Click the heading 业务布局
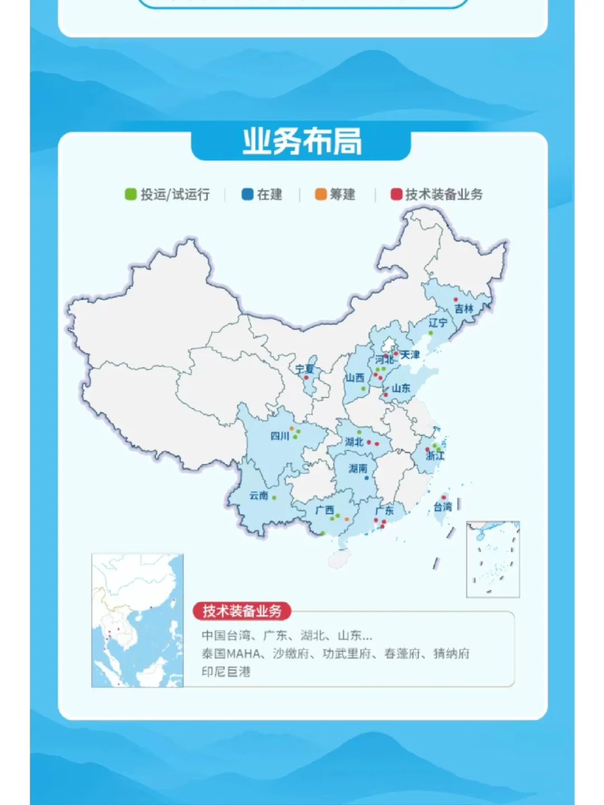[x=302, y=142]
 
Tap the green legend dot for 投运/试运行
[x=130, y=195]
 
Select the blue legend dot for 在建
[x=247, y=195]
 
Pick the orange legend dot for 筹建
[x=320, y=195]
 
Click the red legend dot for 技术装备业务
[x=396, y=195]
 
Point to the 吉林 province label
[x=464, y=309]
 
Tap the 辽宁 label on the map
[x=437, y=323]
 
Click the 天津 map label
[x=410, y=355]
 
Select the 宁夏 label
[x=305, y=369]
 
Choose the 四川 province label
[x=280, y=436]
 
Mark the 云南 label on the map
[x=258, y=495]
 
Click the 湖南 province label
[x=358, y=468]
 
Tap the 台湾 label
[x=442, y=507]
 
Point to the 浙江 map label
[x=435, y=456]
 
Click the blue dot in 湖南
[x=366, y=478]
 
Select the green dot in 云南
[x=274, y=498]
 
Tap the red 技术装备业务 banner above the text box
[x=242, y=611]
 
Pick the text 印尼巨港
[x=226, y=671]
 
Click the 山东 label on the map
[x=401, y=388]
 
